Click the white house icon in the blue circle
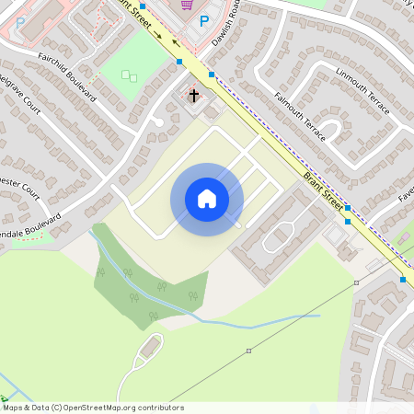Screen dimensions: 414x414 point(207,199)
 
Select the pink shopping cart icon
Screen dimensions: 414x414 point(188,4)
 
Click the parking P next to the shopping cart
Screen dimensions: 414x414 point(204,20)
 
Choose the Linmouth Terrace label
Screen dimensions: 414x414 point(362,91)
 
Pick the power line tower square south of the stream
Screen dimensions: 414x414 point(248,351)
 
